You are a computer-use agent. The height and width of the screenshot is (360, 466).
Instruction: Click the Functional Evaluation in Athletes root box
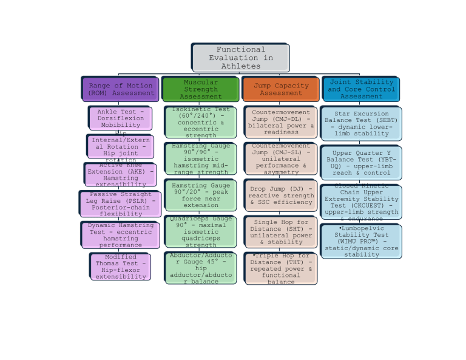tap(240, 58)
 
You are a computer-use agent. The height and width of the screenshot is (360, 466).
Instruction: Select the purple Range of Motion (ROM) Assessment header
tap(121, 89)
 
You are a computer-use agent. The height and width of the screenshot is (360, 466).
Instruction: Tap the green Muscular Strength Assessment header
tap(200, 89)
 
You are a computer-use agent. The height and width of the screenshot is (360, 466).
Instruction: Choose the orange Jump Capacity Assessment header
tap(280, 89)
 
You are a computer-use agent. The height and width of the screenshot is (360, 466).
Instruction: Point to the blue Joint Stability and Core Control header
tap(361, 89)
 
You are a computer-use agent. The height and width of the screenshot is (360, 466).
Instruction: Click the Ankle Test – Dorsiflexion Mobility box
tap(120, 118)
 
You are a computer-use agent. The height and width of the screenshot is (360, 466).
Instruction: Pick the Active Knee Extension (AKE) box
tap(120, 174)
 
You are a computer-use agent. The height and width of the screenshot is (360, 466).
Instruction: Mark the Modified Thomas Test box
tap(120, 267)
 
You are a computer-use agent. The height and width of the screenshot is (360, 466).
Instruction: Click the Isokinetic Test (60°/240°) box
tap(200, 122)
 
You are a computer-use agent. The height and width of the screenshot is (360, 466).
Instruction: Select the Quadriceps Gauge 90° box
tap(200, 231)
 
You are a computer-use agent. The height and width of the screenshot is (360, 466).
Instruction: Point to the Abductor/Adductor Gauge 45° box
tap(200, 268)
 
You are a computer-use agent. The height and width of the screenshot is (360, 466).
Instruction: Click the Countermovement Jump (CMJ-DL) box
tap(280, 122)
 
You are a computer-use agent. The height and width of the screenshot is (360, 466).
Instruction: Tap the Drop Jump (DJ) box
tap(280, 195)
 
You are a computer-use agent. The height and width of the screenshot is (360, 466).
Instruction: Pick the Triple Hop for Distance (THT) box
tap(280, 268)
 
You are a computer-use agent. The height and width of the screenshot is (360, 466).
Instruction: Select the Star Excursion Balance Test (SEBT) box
tap(361, 124)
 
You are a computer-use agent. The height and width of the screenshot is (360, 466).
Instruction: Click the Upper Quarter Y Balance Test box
tap(361, 163)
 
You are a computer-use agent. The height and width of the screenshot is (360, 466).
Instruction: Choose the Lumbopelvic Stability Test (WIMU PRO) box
tap(361, 241)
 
